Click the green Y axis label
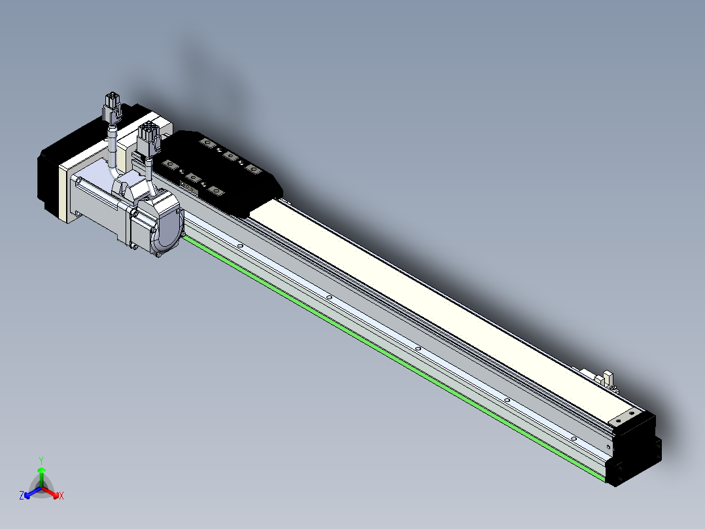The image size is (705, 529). tap(41, 460)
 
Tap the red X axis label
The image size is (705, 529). tap(61, 496)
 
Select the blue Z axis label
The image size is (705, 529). tap(22, 495)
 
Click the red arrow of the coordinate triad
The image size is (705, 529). tap(50, 492)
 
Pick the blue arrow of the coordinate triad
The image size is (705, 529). tap(33, 492)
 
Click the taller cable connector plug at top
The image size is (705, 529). tap(112, 107)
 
